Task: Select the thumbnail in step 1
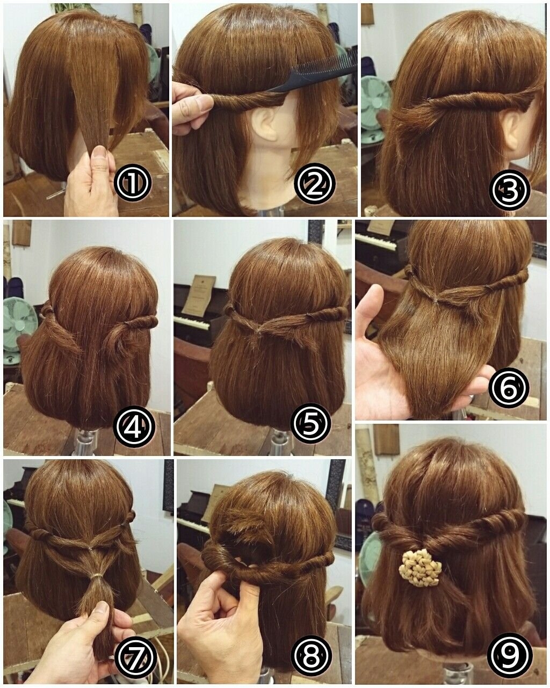coord(100,154)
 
